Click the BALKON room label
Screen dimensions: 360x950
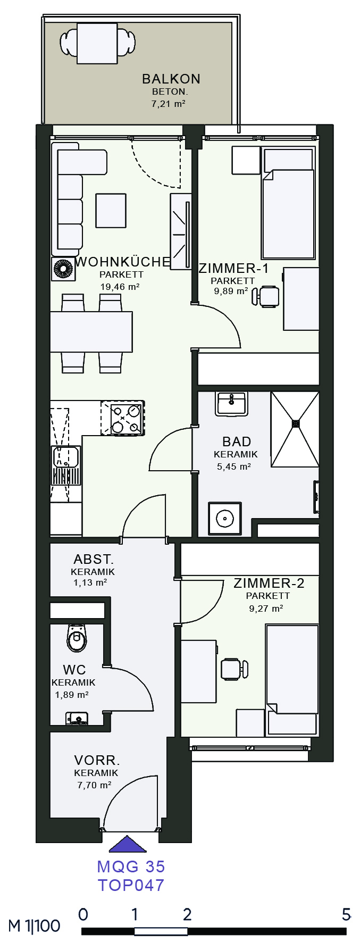pos(171,79)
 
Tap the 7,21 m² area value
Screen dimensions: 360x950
pos(169,104)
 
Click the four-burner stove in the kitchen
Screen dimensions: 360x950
pos(122,418)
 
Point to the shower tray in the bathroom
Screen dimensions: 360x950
pos(295,429)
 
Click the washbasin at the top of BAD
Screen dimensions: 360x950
pos(231,404)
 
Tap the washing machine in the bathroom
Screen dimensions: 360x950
pos(225,519)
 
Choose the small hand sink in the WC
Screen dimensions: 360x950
pos(78,719)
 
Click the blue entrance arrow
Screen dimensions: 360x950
pos(127,844)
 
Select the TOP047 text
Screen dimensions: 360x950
pos(131,885)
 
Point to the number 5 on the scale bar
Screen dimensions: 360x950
pos(346,914)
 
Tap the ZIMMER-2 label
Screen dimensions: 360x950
pos(269,583)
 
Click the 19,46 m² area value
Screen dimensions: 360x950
pos(120,287)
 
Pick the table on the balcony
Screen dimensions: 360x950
pos(97,43)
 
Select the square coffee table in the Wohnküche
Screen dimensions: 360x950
pos(111,211)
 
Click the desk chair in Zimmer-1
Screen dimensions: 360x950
pos(266,296)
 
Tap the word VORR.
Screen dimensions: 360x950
pos(97,761)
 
